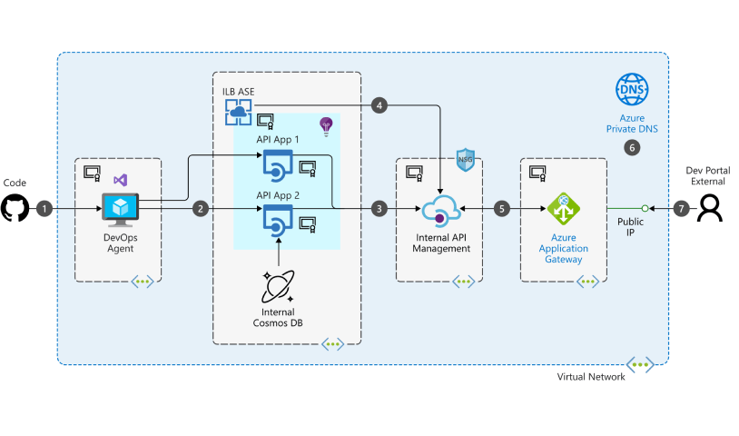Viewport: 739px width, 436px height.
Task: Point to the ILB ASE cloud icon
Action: (238, 111)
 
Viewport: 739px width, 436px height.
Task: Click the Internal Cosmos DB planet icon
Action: (279, 287)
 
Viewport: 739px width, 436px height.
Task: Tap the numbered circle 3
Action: (379, 209)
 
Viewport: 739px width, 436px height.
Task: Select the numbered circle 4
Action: (379, 105)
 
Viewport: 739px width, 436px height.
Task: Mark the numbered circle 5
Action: (502, 209)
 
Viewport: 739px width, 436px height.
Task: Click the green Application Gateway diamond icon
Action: (563, 209)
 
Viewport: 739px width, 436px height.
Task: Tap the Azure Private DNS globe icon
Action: (632, 90)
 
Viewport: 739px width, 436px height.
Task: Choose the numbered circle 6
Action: (632, 146)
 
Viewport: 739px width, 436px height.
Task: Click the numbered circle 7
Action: (683, 209)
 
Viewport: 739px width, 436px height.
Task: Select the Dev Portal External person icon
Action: (710, 209)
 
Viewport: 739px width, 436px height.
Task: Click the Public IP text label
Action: (631, 227)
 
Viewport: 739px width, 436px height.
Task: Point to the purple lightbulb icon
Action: (326, 125)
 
